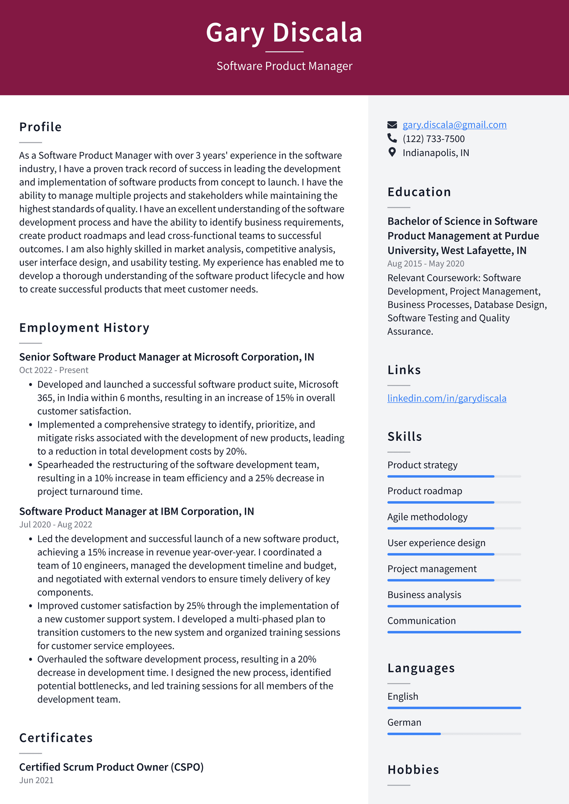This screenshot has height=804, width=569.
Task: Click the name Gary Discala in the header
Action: tap(284, 32)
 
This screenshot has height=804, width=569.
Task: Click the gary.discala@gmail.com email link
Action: tap(454, 125)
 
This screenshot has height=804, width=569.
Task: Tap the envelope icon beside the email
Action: tap(392, 125)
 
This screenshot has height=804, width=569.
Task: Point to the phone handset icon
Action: tap(392, 138)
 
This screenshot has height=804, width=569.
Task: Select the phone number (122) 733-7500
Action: tap(434, 139)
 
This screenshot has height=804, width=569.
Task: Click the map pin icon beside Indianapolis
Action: tap(392, 152)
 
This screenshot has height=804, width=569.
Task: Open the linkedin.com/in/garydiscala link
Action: tap(447, 398)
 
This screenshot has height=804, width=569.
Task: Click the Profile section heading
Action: tap(40, 127)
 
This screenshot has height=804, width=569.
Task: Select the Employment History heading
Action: tap(84, 328)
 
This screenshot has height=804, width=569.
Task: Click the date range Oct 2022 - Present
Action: tap(54, 370)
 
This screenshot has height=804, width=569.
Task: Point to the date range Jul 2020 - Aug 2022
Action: tap(55, 525)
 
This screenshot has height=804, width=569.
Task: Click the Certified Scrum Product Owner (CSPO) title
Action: tap(111, 767)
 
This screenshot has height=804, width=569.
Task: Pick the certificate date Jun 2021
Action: tap(36, 780)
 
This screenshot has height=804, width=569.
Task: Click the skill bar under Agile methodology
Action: tap(454, 528)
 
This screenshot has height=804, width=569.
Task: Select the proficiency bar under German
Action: tap(454, 734)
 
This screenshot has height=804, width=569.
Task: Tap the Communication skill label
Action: tap(422, 621)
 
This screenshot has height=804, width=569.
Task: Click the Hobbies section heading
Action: tap(413, 770)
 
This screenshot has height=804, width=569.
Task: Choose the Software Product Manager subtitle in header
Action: tap(284, 66)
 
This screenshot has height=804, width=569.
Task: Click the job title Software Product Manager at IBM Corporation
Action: tap(137, 511)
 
